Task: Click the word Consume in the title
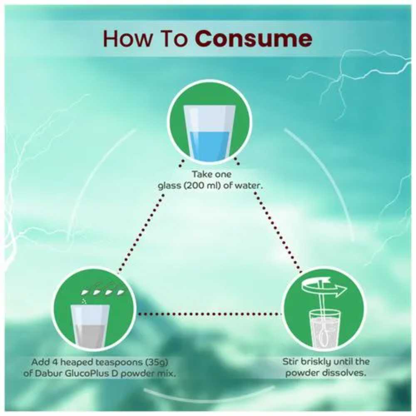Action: [253, 39]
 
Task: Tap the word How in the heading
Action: [128, 39]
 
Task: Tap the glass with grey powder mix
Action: [90, 326]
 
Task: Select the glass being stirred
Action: [325, 329]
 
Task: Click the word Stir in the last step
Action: [290, 362]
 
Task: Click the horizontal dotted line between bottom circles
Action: [210, 314]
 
